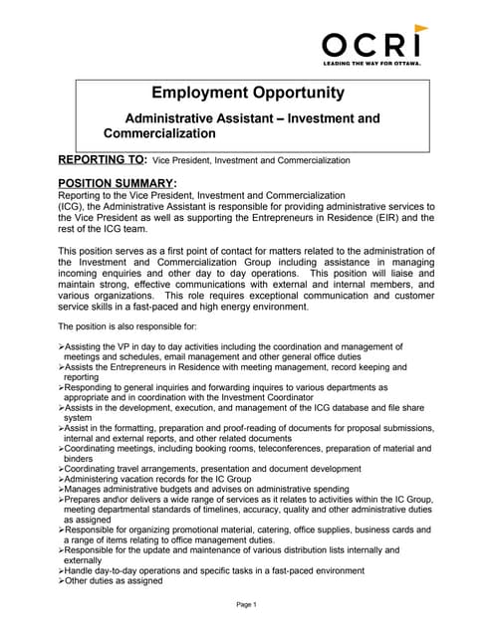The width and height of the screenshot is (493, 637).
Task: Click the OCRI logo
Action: (370, 43)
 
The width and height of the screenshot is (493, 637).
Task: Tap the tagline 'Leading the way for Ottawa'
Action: (370, 63)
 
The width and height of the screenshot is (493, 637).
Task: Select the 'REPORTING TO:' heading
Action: (102, 159)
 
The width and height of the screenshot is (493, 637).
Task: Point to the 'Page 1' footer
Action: (246, 605)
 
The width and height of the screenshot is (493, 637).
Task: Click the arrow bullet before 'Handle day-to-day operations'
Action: (61, 570)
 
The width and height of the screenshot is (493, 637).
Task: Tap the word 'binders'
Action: (80, 458)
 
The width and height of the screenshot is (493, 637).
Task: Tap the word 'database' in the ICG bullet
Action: (356, 407)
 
